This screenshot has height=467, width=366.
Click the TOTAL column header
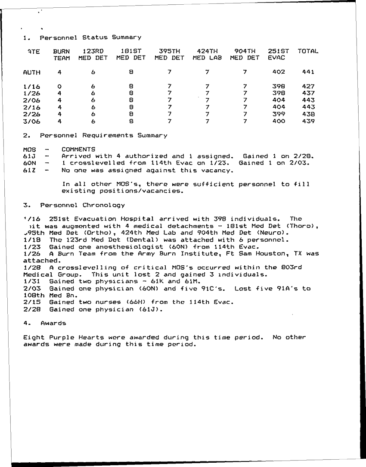(x=308, y=51)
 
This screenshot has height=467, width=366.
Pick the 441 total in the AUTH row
(x=308, y=72)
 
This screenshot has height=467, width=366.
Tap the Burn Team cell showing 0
(x=59, y=86)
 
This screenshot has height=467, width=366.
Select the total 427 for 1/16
(x=308, y=86)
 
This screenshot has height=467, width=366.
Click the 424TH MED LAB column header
(x=207, y=54)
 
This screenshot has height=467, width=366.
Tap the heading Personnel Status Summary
(x=90, y=37)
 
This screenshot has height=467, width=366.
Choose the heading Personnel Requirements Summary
(x=103, y=135)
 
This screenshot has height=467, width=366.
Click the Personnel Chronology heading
(x=82, y=205)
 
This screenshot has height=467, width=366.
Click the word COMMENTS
(x=78, y=149)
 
